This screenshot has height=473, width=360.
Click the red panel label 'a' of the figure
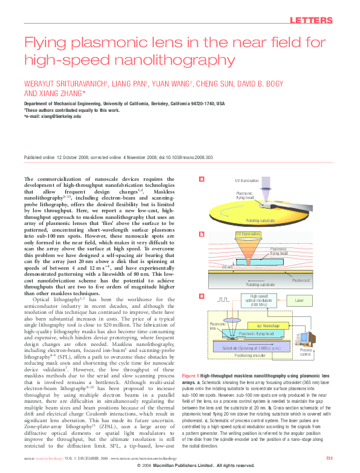click(201, 178)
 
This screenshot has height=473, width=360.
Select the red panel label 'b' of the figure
click(201, 234)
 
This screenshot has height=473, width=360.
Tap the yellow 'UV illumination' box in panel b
click(247, 234)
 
